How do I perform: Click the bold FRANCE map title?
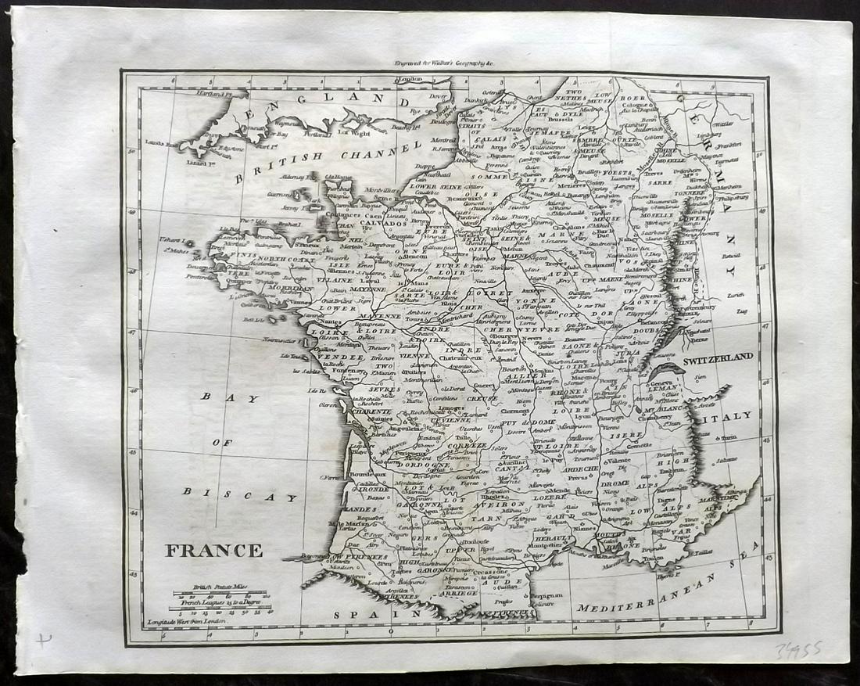tap(213, 551)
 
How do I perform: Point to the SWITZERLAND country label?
tap(718, 357)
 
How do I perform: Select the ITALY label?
tap(733, 415)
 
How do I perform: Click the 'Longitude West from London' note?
tap(186, 622)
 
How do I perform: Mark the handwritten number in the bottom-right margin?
tap(797, 650)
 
